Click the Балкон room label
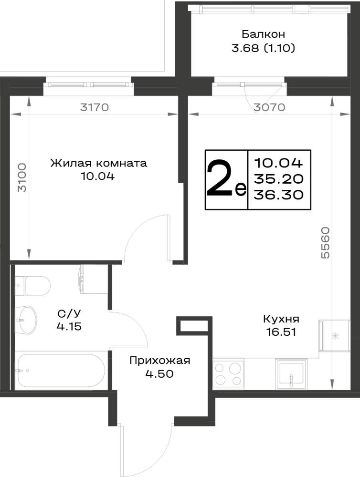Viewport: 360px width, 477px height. pos(263,34)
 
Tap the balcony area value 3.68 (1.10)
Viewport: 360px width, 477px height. pos(264,48)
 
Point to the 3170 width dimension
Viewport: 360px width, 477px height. pos(95,107)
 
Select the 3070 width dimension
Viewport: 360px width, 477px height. pos(270,107)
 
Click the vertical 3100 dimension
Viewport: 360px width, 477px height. pos(22,177)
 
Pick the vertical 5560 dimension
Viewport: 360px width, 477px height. pos(325,242)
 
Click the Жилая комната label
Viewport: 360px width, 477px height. pos(99,163)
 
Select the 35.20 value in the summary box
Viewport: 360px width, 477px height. pos(279,179)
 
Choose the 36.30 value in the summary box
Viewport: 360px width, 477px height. pos(279,195)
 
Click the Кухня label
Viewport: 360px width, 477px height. pos(281,319)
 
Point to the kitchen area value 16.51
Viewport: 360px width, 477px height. pos(281,332)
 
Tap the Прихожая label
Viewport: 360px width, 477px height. pos(160,361)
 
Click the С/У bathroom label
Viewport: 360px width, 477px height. pos(69,313)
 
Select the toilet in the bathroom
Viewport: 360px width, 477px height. pos(32,286)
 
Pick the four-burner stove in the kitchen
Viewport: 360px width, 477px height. pos(228,374)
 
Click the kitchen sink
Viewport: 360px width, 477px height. pos(291,374)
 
